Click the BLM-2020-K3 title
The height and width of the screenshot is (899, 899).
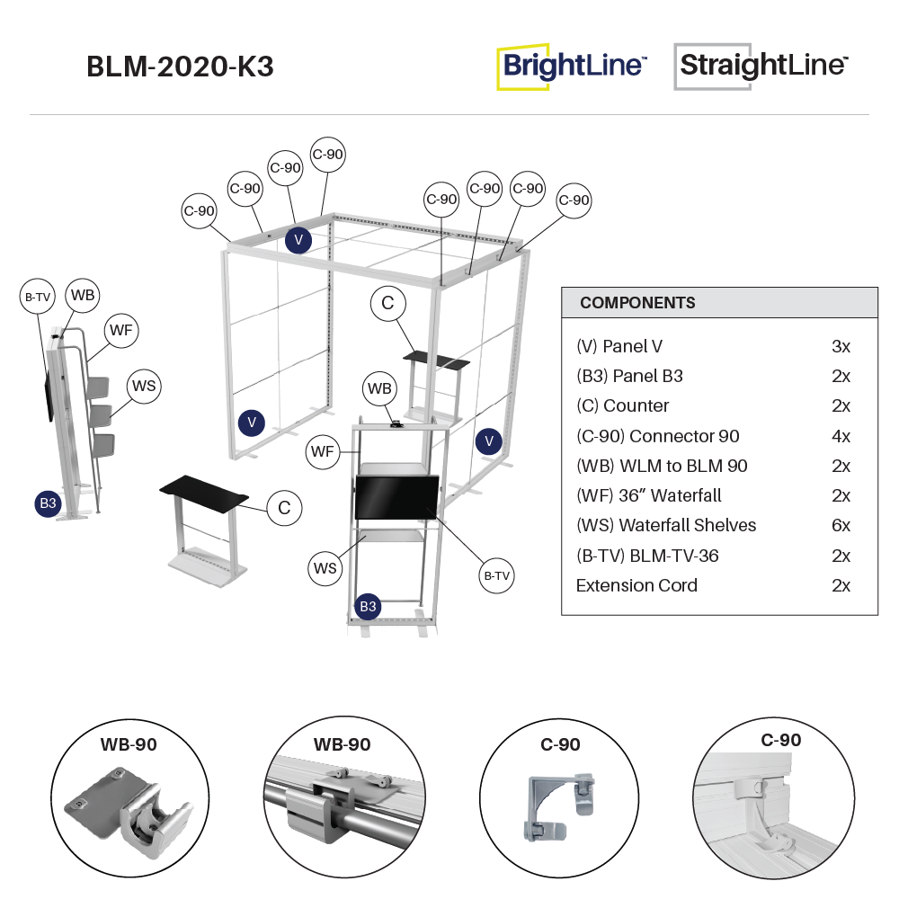click(x=180, y=67)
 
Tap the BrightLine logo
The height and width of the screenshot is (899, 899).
click(x=572, y=67)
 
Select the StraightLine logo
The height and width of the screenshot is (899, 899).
click(x=761, y=67)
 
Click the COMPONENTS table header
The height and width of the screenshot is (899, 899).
click(x=637, y=303)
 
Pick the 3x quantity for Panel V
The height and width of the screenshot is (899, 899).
click(x=841, y=346)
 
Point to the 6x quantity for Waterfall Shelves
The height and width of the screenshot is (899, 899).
click(x=841, y=525)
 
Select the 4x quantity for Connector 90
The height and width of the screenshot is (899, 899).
click(x=841, y=436)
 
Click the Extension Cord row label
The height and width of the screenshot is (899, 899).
click(x=636, y=585)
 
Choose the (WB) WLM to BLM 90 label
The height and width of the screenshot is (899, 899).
click(x=662, y=466)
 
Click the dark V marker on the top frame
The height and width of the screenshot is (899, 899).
click(x=298, y=239)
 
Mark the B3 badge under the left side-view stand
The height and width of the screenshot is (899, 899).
click(x=48, y=503)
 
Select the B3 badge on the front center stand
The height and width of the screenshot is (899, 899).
click(x=368, y=606)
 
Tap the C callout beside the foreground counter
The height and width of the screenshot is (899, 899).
click(x=284, y=508)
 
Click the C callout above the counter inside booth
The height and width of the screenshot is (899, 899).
click(x=387, y=304)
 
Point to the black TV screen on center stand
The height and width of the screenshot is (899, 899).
click(x=396, y=497)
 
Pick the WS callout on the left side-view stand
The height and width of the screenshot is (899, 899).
click(x=144, y=387)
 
